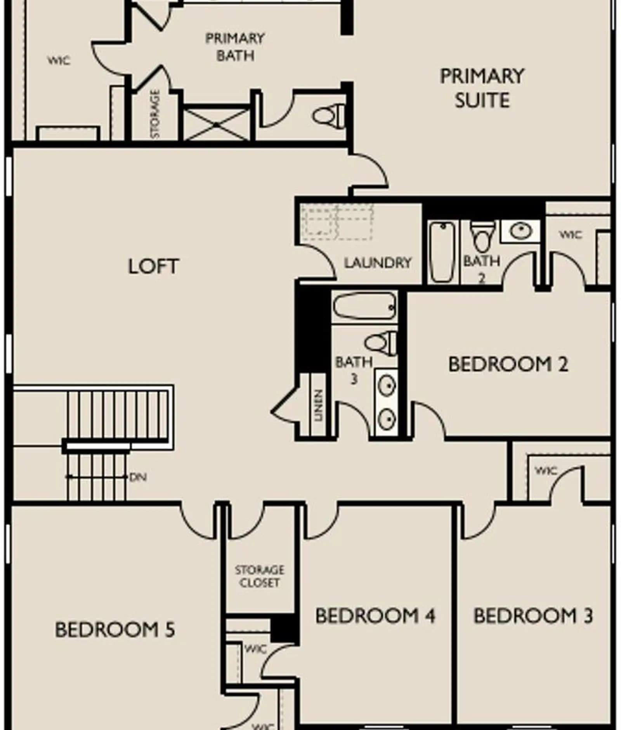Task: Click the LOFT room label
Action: [x=153, y=266]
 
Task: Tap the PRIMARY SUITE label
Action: [x=482, y=88]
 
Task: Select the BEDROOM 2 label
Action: [x=508, y=364]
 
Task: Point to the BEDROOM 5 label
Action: [x=115, y=629]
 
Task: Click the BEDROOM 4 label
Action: [x=375, y=616]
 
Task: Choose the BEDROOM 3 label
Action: [x=533, y=616]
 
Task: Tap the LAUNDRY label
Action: [x=378, y=263]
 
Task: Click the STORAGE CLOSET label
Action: [x=259, y=576]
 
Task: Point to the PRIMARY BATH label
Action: [x=235, y=47]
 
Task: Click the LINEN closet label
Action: [x=318, y=406]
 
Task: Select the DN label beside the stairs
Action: [x=138, y=477]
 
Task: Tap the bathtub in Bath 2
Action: [x=442, y=252]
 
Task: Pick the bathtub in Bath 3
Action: [x=364, y=307]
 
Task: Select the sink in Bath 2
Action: [x=520, y=231]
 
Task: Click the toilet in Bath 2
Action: [x=482, y=236]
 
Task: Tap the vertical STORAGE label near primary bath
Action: [x=155, y=114]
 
